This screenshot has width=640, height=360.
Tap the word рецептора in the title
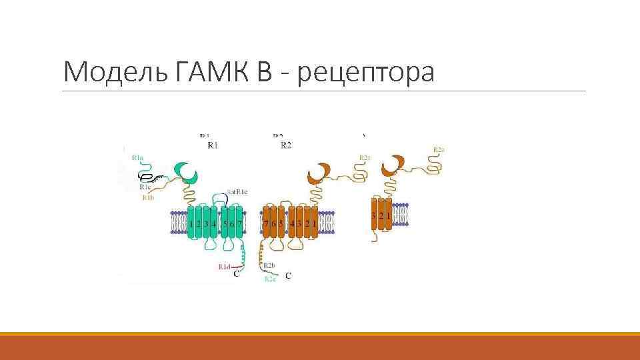point(367,72)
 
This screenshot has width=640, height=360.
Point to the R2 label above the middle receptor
point(285,145)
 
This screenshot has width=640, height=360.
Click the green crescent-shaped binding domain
point(185,173)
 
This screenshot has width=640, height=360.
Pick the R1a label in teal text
point(137,158)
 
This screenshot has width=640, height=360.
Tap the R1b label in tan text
point(148,198)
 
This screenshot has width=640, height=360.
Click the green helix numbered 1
point(192,223)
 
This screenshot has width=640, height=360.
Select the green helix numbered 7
point(239,223)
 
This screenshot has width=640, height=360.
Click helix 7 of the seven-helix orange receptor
point(267,223)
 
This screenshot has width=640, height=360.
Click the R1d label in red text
point(223,266)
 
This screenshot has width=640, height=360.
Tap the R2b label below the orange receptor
point(269,266)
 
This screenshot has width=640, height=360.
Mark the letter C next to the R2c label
point(287,275)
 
